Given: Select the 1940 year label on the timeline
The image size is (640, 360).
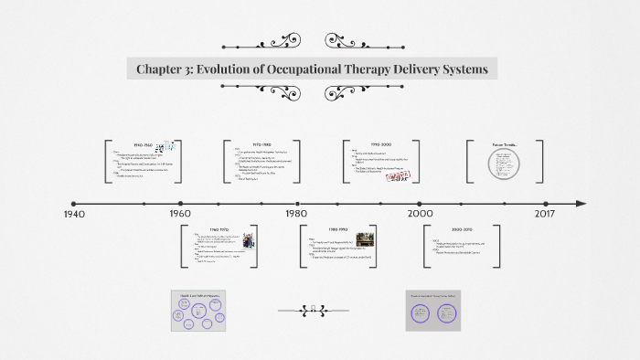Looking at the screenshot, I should point(74,214).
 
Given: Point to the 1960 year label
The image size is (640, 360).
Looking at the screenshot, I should point(180,214).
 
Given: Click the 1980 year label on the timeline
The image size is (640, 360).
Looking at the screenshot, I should point(296,214).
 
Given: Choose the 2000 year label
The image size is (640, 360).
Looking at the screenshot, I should point(421,214).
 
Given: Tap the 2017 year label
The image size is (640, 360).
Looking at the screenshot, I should point(545,214).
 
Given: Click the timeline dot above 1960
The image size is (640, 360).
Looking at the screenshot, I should point(181,203).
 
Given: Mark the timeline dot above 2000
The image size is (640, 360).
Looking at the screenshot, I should point(420,203).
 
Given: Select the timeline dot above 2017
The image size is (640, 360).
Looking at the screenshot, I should point(545,203).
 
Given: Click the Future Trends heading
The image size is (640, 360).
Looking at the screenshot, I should point(506,144).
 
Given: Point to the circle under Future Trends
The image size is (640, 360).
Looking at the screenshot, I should point(505,164).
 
